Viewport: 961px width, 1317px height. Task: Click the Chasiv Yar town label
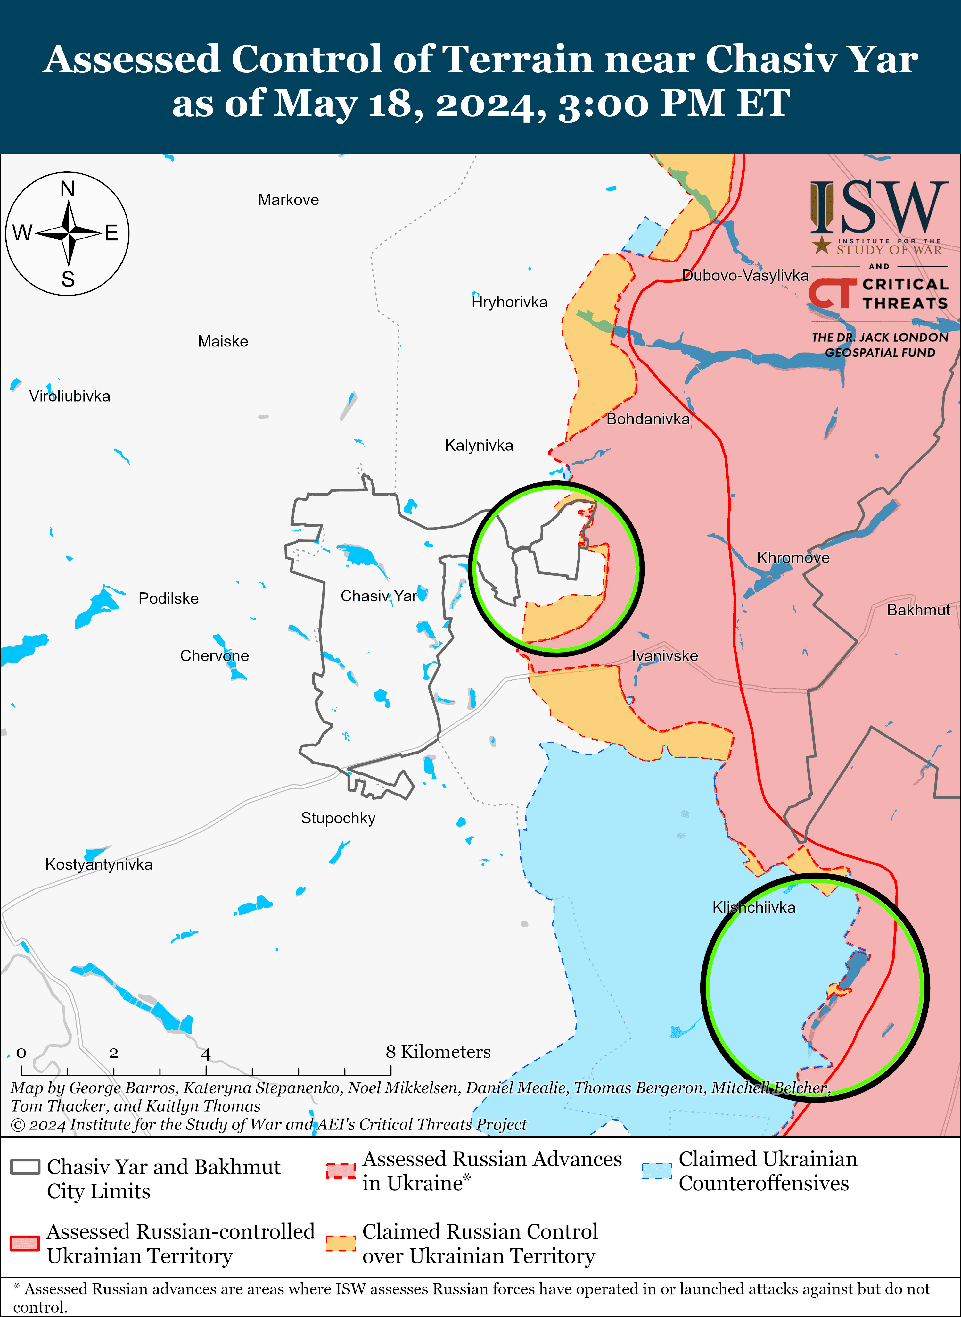[379, 596]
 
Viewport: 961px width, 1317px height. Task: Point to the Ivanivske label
[665, 656]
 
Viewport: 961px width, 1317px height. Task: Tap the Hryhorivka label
[510, 302]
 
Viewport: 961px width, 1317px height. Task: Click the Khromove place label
[793, 557]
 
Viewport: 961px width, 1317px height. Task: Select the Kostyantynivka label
[99, 864]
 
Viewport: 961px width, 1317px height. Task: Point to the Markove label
[289, 200]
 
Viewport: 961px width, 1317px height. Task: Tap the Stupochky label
[338, 818]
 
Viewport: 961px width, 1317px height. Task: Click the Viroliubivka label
[70, 396]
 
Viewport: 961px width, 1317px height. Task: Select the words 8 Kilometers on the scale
[438, 1052]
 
